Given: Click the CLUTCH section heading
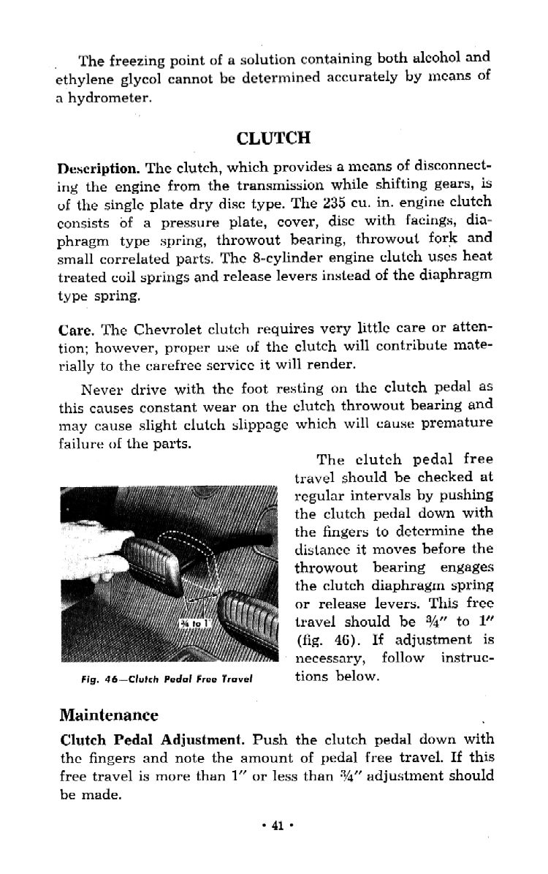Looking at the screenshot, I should pos(274,137).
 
